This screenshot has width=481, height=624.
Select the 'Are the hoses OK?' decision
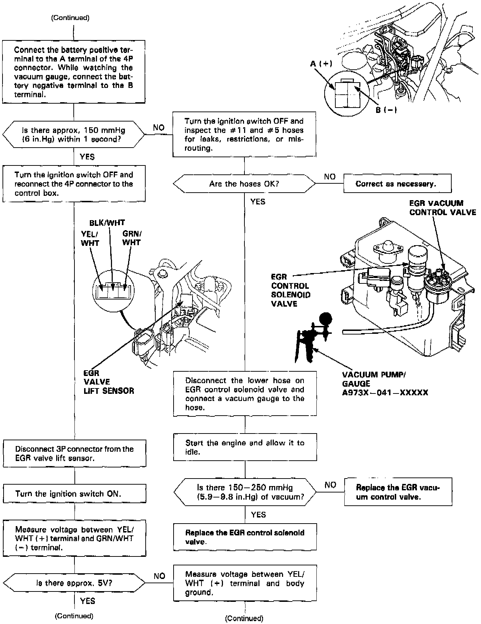(x=244, y=184)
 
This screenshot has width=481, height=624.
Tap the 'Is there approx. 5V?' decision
(x=74, y=583)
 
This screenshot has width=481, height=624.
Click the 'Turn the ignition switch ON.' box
(x=74, y=494)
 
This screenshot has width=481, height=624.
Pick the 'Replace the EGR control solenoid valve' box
(x=245, y=537)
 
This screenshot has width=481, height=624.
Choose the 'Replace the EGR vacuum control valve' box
(x=398, y=492)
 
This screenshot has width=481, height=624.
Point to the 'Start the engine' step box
(x=245, y=447)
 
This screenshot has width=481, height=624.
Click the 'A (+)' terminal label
(x=321, y=64)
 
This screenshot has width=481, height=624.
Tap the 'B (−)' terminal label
(x=386, y=110)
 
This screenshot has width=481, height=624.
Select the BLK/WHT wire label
(x=107, y=223)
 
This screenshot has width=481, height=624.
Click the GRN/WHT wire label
(x=132, y=238)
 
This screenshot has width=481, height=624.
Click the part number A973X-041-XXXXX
(x=385, y=393)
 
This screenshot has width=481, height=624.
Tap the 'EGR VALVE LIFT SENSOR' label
(x=109, y=382)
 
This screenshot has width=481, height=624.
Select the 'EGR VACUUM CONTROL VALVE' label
(x=443, y=208)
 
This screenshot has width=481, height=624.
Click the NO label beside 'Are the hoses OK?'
(x=330, y=177)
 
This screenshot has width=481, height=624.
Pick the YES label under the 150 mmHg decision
(x=87, y=157)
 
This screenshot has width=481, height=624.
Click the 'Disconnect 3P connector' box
(x=74, y=454)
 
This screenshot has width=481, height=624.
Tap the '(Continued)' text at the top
(x=71, y=18)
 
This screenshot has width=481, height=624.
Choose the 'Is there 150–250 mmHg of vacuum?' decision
(x=245, y=492)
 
